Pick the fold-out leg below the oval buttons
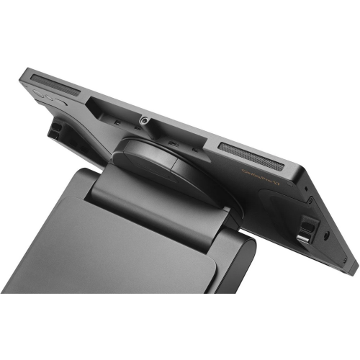[x=55, y=129]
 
